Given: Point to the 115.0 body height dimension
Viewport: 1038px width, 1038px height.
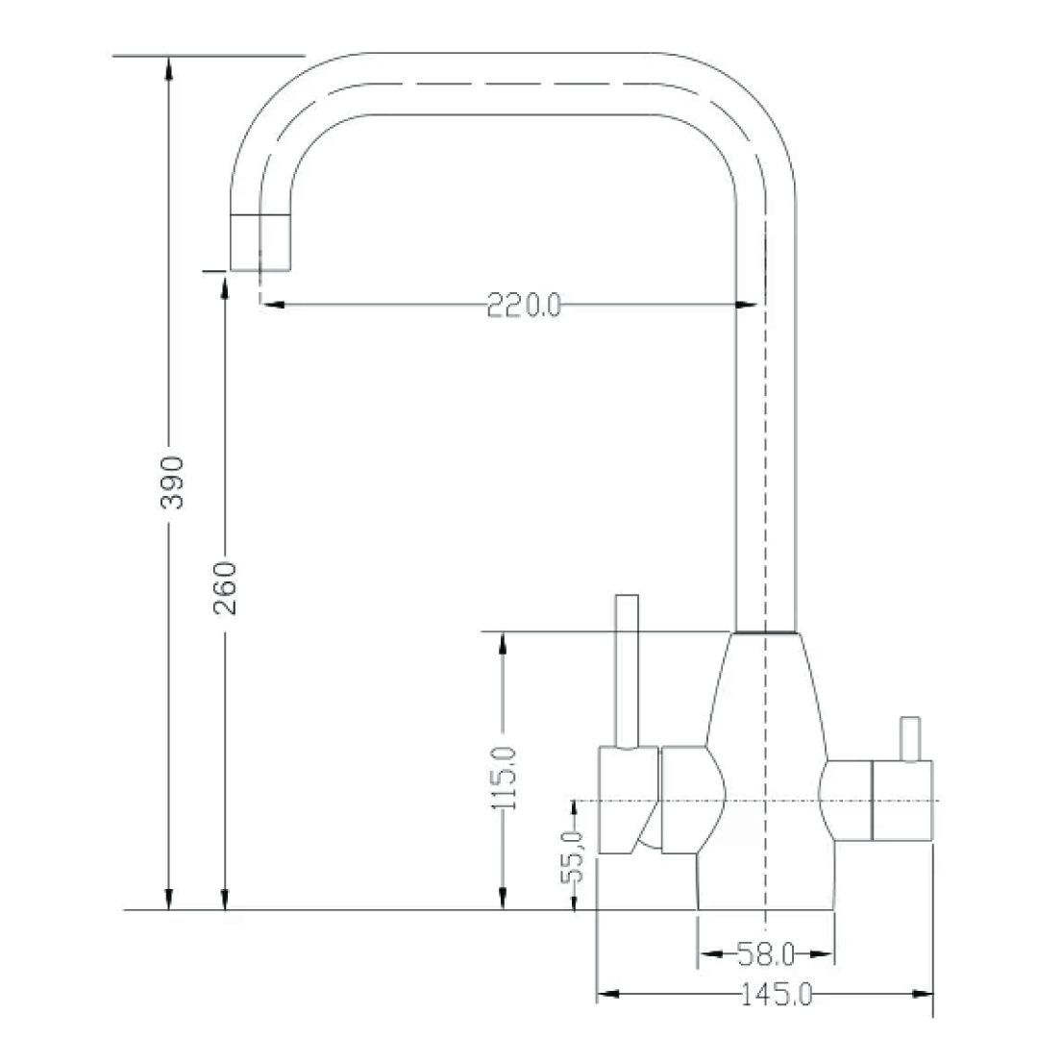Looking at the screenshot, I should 503,778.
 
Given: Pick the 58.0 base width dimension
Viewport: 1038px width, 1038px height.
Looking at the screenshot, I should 765,954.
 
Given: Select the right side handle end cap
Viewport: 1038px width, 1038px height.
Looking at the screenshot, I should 902,800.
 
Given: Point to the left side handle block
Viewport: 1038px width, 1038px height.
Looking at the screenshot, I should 628,800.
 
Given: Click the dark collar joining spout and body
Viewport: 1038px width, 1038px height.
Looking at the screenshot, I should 765,632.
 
